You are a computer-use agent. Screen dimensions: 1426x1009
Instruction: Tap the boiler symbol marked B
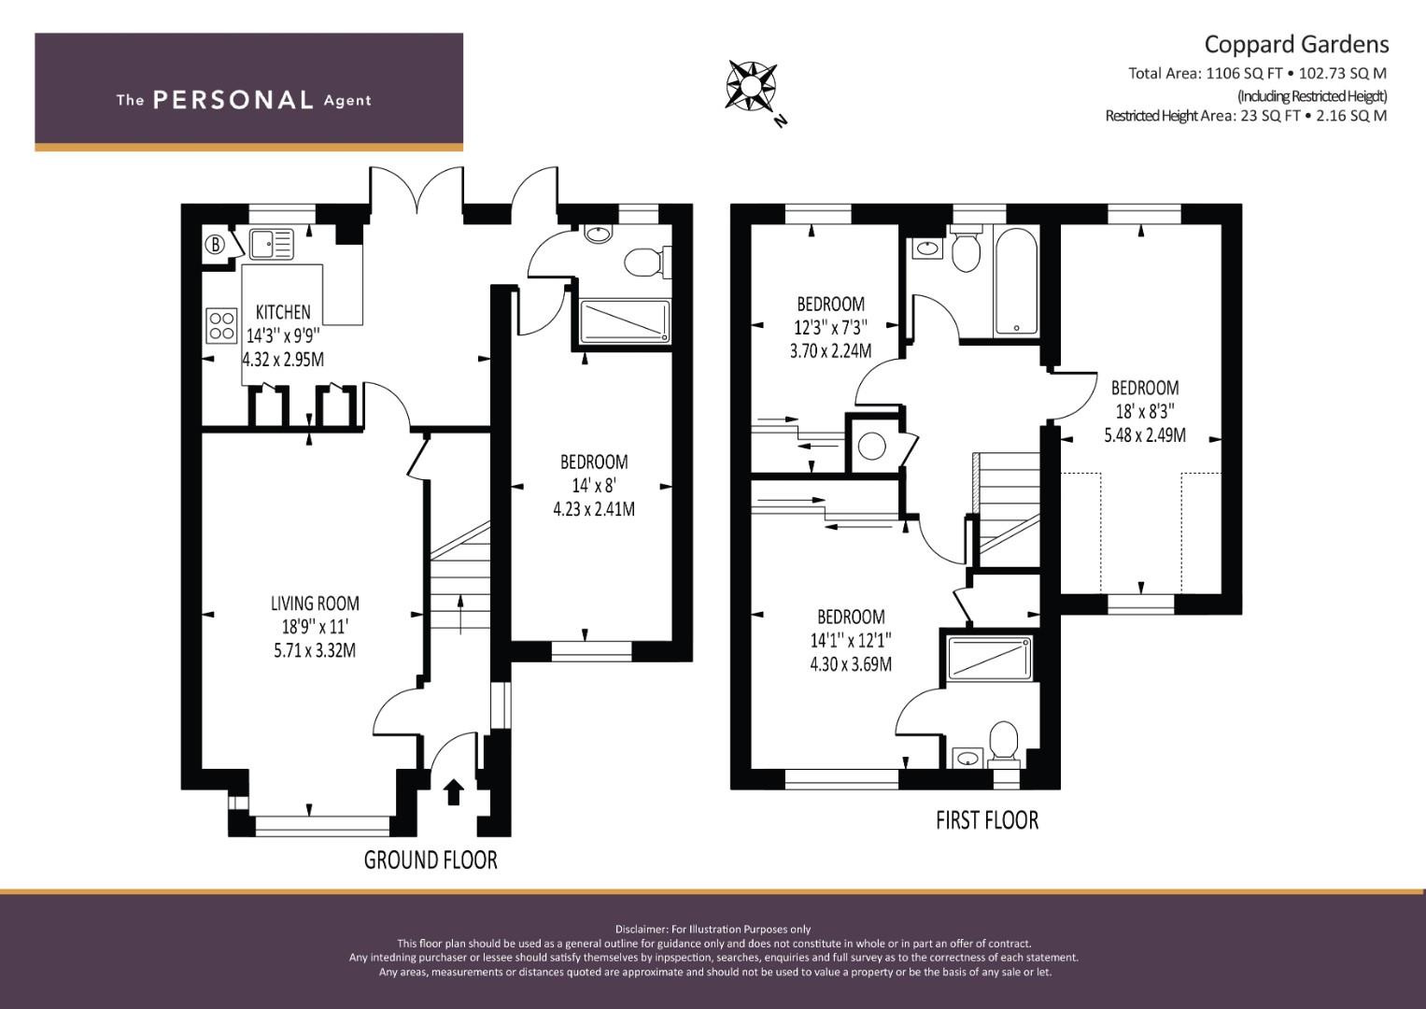216,245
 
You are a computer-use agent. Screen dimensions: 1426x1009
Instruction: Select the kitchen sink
271,245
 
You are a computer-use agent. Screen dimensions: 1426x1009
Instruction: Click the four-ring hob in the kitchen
221,325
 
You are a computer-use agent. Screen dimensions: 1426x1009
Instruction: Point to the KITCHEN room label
283,312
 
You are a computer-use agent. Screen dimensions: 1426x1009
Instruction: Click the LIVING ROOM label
315,604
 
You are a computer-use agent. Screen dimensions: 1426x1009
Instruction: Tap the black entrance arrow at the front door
453,792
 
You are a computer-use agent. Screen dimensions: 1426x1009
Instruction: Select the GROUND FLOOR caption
431,860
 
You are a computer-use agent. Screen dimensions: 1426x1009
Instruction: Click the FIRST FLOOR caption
987,820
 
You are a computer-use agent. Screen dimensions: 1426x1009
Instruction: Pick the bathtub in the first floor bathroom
1017,281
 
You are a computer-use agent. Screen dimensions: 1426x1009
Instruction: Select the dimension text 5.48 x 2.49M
1145,435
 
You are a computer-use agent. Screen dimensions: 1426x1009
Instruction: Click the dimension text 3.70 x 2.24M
831,351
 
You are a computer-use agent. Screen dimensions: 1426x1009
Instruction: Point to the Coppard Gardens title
1297,44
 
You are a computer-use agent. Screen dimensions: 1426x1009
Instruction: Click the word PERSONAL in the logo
233,100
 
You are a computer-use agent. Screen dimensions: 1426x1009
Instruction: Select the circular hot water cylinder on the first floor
872,446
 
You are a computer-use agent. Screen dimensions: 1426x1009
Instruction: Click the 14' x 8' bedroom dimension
594,486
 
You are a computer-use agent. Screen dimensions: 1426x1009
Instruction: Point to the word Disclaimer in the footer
641,929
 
